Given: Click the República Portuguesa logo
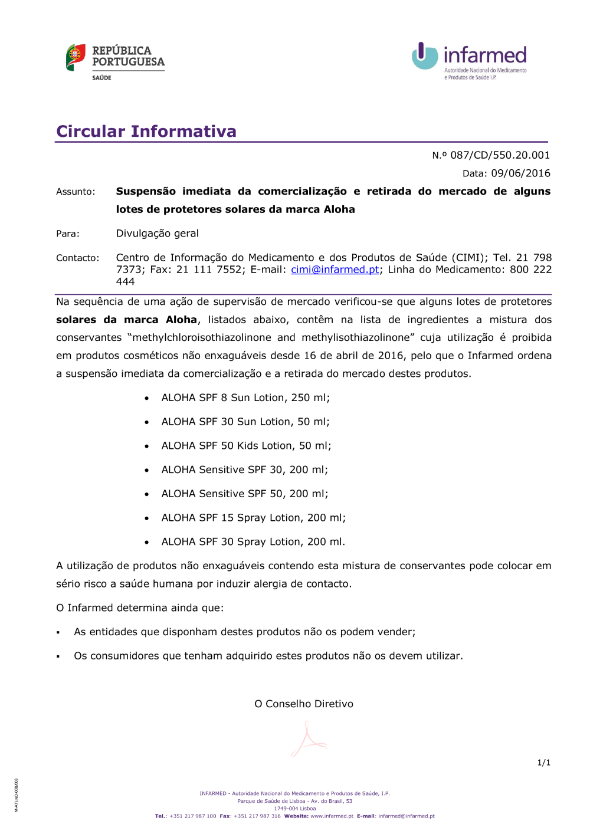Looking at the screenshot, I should tap(115, 61).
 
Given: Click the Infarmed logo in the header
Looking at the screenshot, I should tap(469, 61).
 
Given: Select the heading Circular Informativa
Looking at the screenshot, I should tap(146, 131).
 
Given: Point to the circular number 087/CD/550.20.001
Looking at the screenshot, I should tap(500, 155).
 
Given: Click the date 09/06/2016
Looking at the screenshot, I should tap(520, 173).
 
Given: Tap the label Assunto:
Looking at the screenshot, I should tap(76, 192).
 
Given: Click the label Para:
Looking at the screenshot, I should tap(68, 234).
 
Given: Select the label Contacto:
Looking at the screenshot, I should tap(78, 258).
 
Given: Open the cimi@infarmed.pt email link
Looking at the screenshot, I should tap(335, 270).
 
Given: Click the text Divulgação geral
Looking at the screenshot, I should tap(158, 234).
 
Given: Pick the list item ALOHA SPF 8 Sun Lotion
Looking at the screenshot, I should tap(245, 398).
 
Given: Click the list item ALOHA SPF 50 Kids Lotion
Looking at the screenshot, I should tap(246, 446).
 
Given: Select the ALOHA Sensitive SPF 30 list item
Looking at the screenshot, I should tap(244, 470).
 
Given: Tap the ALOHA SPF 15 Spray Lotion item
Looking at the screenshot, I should tap(253, 518).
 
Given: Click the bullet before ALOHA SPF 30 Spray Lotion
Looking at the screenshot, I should tap(146, 543).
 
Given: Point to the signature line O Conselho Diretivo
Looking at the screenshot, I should tap(304, 704).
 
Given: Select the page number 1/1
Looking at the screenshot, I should tap(543, 763).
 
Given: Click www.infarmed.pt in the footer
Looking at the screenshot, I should tap(332, 816).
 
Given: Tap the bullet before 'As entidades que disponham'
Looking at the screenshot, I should tap(58, 633).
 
